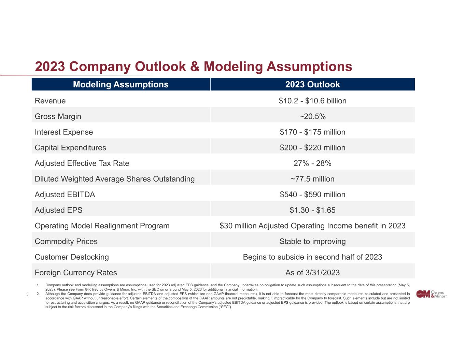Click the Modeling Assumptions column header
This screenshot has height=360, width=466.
[121, 85]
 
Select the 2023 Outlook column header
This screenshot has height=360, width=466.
[312, 85]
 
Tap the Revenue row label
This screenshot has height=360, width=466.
[50, 101]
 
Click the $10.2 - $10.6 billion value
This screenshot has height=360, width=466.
[312, 101]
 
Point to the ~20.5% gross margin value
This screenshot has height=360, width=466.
[312, 116]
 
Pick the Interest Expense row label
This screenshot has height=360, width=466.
[64, 132]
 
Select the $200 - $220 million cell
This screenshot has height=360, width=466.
[312, 148]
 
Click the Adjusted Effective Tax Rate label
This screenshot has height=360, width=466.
[82, 163]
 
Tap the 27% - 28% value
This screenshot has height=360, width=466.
[312, 163]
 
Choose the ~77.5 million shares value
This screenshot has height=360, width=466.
[312, 179]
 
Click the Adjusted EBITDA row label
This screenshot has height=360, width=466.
[65, 195]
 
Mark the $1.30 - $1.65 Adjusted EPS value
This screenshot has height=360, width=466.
[312, 210]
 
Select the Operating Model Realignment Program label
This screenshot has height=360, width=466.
[102, 226]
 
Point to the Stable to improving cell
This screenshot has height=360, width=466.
[312, 242]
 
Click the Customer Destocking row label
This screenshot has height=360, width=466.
[72, 257]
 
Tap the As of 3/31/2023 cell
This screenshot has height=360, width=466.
[312, 273]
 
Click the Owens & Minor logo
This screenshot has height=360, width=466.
[431, 294]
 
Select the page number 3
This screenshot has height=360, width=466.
[28, 294]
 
